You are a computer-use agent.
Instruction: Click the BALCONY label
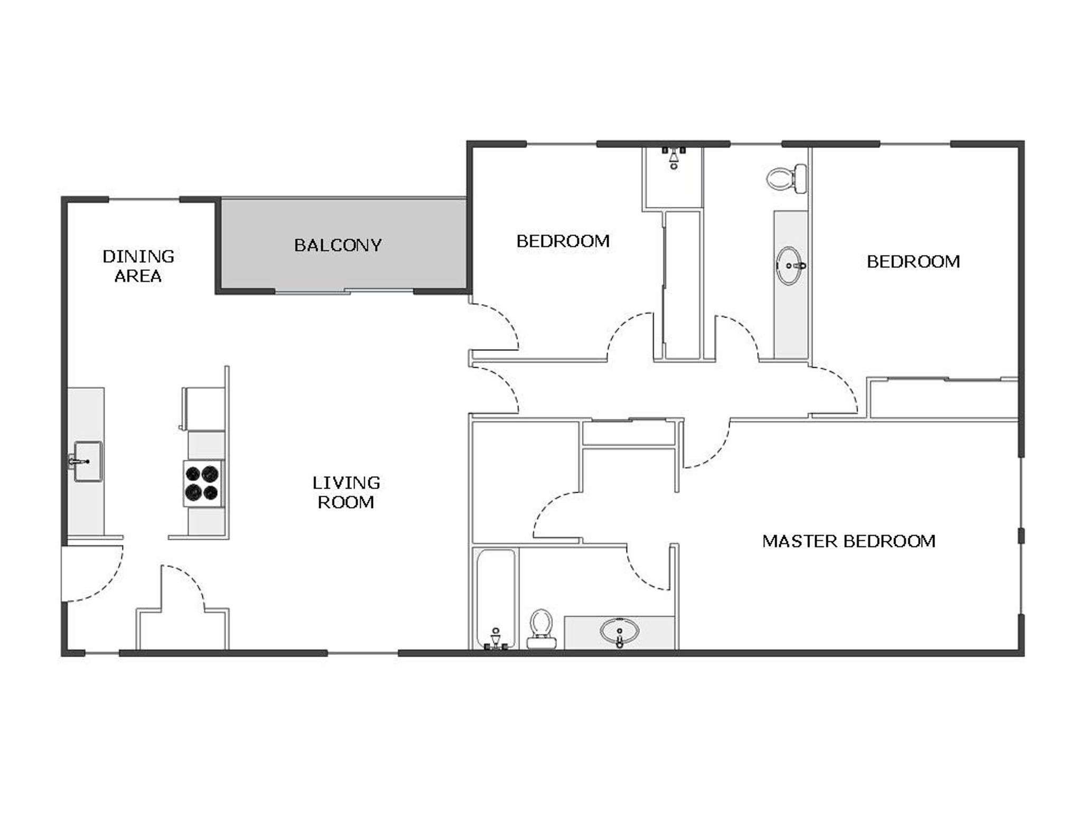tap(338, 245)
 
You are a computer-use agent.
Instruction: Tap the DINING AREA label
tap(138, 266)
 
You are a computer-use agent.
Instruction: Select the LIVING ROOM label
tap(346, 492)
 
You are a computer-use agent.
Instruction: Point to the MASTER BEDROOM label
tap(848, 541)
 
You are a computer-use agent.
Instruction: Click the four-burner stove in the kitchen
tap(203, 483)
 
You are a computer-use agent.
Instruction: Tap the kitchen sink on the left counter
tap(87, 462)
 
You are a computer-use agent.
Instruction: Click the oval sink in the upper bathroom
tap(790, 266)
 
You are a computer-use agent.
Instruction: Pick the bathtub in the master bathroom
tap(496, 597)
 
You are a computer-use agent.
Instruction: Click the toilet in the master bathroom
tap(541, 628)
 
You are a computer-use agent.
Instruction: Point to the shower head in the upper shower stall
tap(674, 157)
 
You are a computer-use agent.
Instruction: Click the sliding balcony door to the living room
tap(343, 291)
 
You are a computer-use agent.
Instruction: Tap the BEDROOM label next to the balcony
tap(563, 241)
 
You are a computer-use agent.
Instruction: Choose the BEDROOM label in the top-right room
tap(913, 261)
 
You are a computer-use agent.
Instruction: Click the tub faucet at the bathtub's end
tap(496, 639)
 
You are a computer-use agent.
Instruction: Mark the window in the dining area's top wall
tap(144, 200)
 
